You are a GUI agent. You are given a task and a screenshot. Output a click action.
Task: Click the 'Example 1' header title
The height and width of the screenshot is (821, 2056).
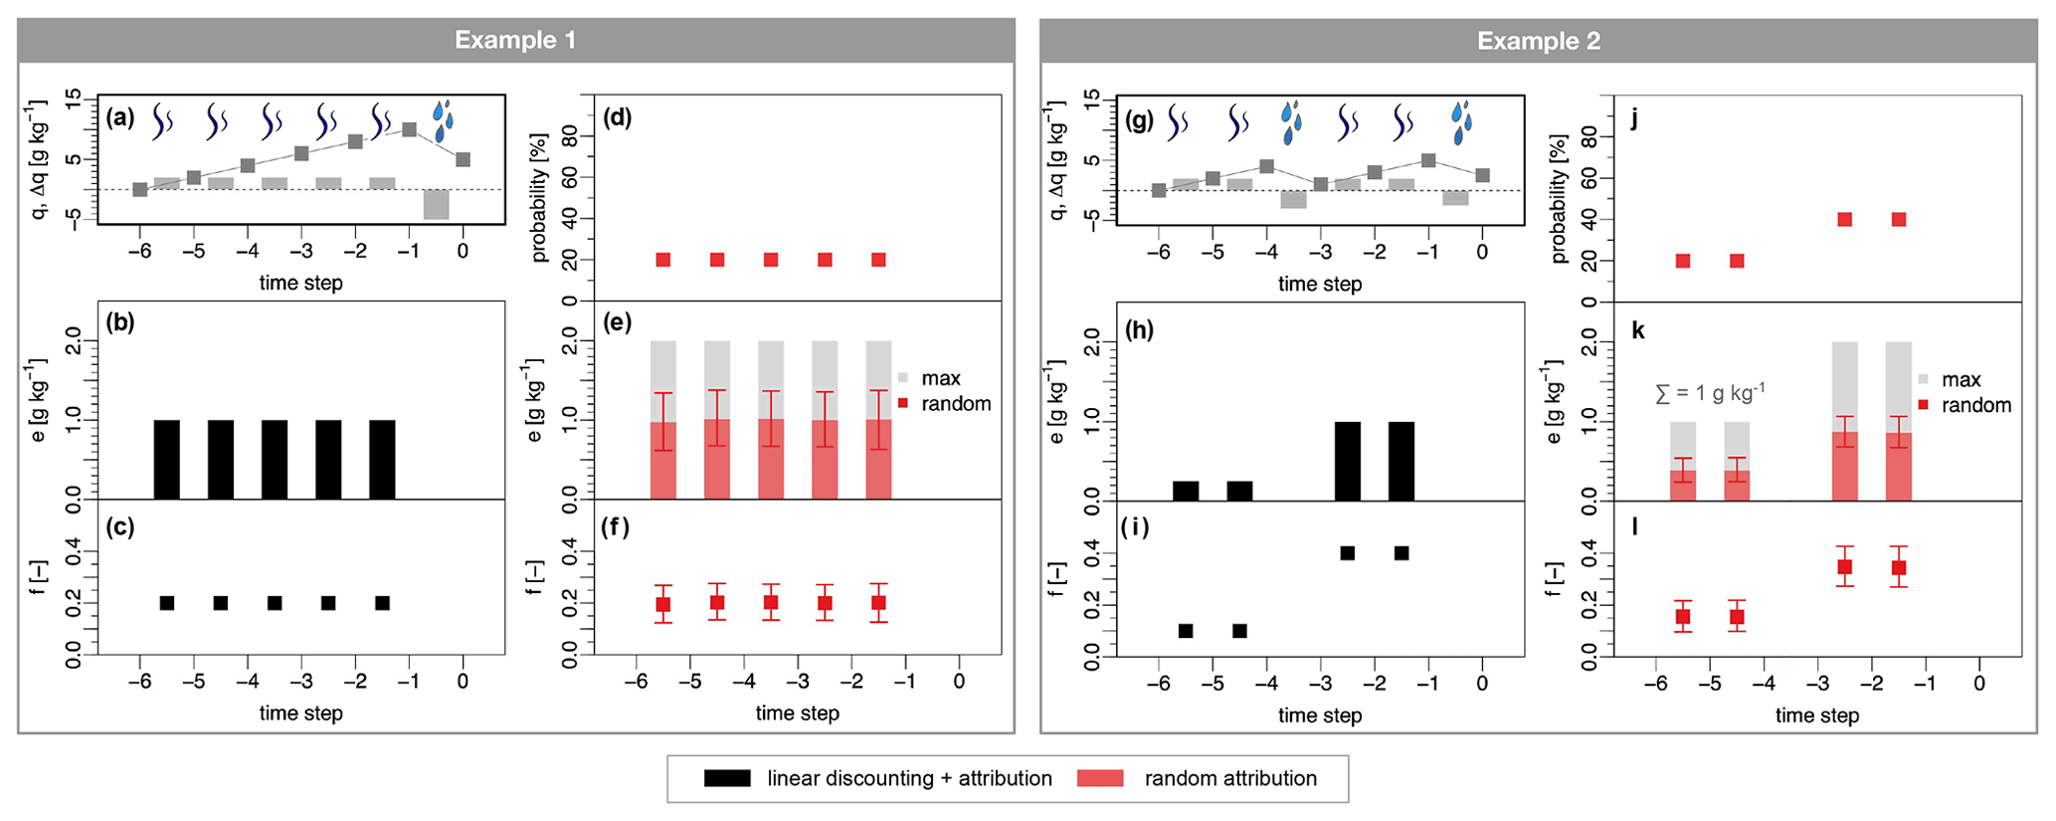(x=514, y=40)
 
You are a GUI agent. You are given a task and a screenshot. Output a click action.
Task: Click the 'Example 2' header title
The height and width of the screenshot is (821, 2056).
(x=1538, y=41)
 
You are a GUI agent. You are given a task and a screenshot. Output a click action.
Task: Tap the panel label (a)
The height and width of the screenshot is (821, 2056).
(x=120, y=117)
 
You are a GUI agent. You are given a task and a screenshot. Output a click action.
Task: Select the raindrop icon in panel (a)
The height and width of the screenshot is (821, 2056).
(x=444, y=119)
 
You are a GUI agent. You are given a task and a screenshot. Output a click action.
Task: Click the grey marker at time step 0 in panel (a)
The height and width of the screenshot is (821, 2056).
(x=463, y=159)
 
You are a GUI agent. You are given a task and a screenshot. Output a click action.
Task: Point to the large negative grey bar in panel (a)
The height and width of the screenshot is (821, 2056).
(x=436, y=204)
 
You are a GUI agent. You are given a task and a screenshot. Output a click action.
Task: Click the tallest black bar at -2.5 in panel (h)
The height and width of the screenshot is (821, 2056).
(x=1347, y=461)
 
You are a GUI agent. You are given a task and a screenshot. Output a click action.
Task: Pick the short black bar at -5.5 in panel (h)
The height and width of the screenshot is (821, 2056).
(x=1186, y=490)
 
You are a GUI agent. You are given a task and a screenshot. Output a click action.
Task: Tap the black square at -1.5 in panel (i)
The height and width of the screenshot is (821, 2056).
(x=1401, y=553)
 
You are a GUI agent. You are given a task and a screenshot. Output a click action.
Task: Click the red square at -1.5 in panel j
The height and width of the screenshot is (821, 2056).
(x=1898, y=219)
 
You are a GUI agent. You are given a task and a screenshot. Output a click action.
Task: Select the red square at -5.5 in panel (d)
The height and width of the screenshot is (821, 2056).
(x=663, y=260)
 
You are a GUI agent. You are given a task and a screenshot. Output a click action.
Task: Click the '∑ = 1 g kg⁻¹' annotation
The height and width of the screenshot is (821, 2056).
(x=1709, y=393)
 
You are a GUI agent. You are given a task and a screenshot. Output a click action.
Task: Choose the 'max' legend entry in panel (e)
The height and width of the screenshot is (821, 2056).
(x=940, y=378)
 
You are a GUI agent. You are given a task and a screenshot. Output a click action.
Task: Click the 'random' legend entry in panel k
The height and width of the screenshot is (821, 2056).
(x=1975, y=405)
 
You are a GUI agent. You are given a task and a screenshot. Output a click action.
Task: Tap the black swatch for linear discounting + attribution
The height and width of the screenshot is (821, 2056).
(x=727, y=778)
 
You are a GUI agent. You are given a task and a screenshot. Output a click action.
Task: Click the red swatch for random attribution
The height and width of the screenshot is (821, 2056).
(x=1100, y=778)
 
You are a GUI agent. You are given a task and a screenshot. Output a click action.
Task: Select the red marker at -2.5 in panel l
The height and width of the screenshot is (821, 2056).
(x=1844, y=567)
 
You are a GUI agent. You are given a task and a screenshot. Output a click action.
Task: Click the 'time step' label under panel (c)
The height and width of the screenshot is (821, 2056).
(x=300, y=713)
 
